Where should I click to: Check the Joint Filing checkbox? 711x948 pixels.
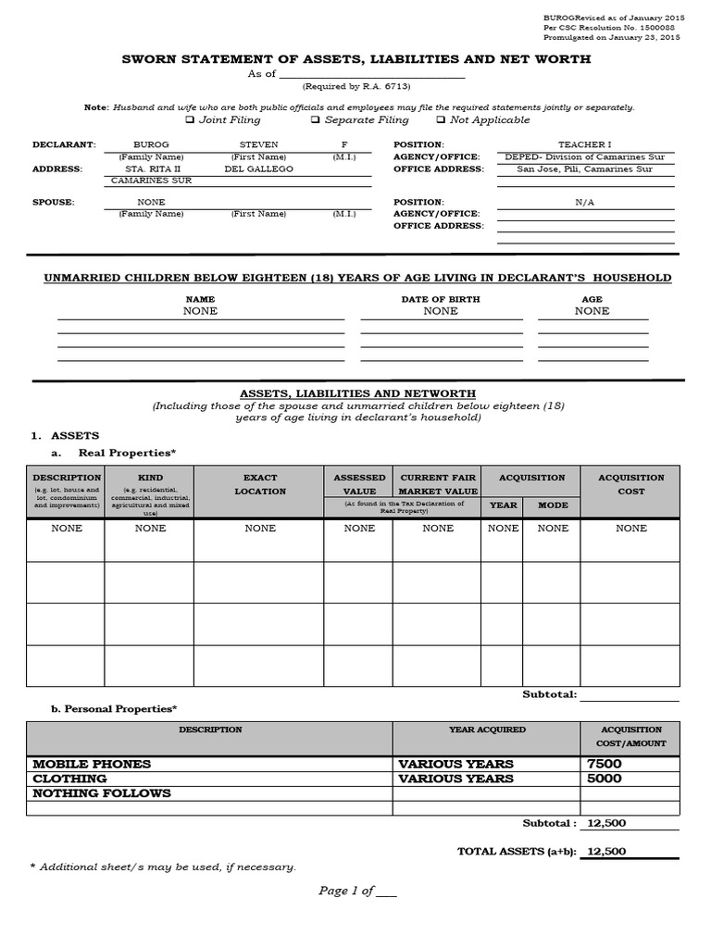[190, 119]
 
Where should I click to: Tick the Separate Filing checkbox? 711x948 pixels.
[316, 119]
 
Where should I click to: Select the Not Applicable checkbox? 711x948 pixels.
[441, 119]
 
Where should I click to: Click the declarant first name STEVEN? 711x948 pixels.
[258, 145]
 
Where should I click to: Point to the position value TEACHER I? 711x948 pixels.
[585, 145]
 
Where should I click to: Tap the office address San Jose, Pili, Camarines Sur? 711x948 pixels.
[584, 169]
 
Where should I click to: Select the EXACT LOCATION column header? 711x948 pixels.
[260, 484]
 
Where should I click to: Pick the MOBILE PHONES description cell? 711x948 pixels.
[92, 764]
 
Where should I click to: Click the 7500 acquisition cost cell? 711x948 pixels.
[605, 764]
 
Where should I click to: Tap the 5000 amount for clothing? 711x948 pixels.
[605, 779]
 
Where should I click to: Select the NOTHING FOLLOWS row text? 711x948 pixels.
[102, 793]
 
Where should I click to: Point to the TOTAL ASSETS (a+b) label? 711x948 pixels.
[516, 851]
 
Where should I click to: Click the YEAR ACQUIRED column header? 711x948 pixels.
[487, 730]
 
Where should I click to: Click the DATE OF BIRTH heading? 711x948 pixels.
[441, 299]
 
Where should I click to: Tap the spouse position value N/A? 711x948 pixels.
[585, 202]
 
